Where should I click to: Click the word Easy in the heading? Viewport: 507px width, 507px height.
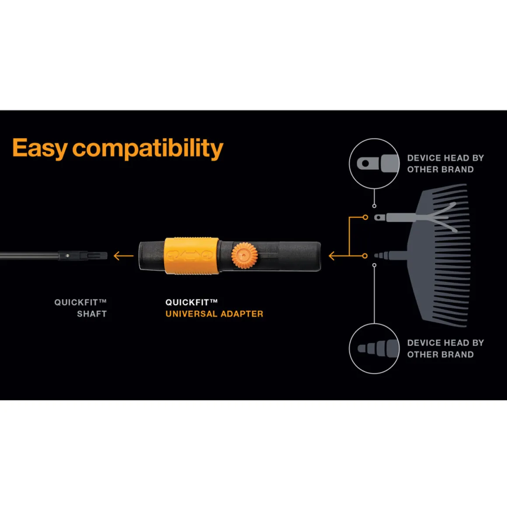[x=40, y=149]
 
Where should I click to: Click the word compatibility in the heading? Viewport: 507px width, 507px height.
[x=148, y=149]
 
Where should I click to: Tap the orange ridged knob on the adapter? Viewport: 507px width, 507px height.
[x=244, y=256]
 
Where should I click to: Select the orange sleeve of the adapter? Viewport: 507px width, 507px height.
[x=191, y=256]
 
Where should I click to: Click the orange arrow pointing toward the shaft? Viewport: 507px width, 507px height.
[x=124, y=256]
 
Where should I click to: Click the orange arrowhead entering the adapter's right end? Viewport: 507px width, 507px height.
[x=332, y=256]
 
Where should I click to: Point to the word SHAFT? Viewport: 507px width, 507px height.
[x=92, y=314]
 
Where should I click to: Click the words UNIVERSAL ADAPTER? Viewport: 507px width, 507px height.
[x=214, y=314]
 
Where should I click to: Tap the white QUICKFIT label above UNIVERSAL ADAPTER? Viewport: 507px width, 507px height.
[x=191, y=302]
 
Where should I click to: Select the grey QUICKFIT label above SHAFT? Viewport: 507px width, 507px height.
[x=80, y=302]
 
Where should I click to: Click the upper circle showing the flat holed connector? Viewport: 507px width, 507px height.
[x=375, y=139]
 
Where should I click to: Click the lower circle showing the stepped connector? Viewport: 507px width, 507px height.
[x=375, y=324]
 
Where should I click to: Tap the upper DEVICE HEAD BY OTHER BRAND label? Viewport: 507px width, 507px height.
[x=445, y=164]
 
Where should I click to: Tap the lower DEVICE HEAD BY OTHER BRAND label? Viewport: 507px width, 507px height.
[x=445, y=349]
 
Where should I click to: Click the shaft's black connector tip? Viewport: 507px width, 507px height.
[x=83, y=256]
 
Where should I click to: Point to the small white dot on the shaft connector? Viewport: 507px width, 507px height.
[x=67, y=256]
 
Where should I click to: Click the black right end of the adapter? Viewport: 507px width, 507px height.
[x=299, y=256]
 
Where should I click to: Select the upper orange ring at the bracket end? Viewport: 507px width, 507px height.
[x=365, y=217]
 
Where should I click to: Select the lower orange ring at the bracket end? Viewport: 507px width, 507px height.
[x=365, y=256]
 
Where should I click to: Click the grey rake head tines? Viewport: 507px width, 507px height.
[x=440, y=255]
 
